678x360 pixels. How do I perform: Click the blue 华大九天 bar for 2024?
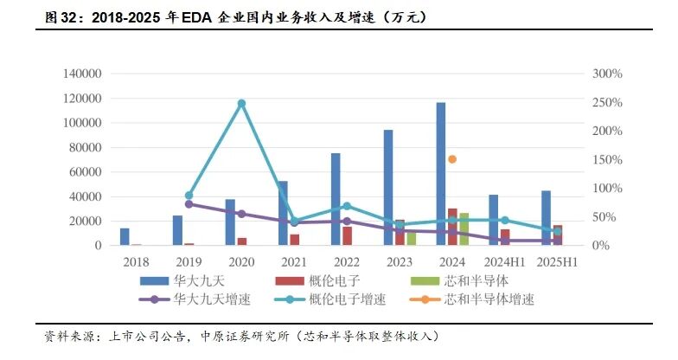pyautogui.click(x=441, y=173)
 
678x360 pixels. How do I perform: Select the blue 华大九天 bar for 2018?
pyautogui.click(x=125, y=236)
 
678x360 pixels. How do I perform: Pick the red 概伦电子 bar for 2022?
pyautogui.click(x=348, y=235)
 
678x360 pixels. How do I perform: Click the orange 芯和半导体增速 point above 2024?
pyautogui.click(x=451, y=159)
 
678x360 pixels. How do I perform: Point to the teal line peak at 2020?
pyautogui.click(x=241, y=103)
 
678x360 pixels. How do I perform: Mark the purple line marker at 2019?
pyautogui.click(x=189, y=204)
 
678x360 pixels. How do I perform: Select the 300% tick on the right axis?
pyautogui.click(x=608, y=74)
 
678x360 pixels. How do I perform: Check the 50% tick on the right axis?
pyautogui.click(x=604, y=216)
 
